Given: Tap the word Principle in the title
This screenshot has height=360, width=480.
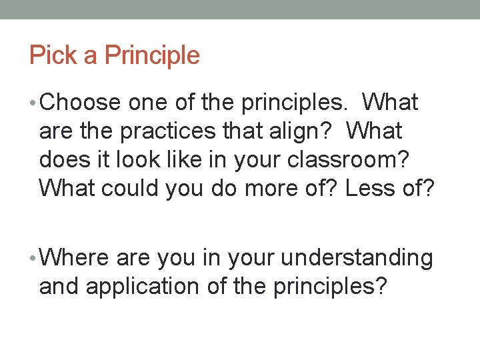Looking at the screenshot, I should click(x=151, y=55).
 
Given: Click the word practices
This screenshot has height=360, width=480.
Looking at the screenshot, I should click(x=176, y=131).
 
